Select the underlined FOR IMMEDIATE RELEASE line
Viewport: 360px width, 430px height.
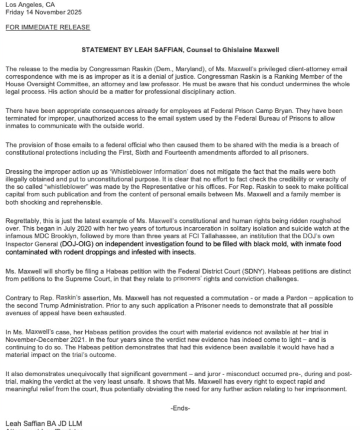click(x=47, y=27)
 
